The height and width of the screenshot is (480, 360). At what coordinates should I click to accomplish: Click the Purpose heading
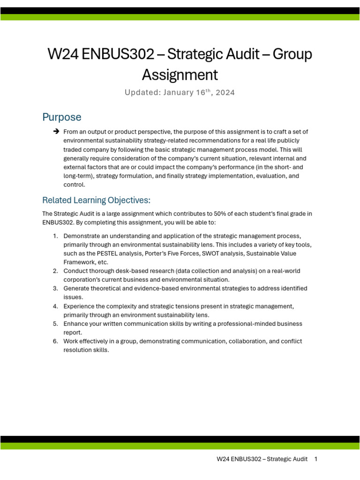coord(61,117)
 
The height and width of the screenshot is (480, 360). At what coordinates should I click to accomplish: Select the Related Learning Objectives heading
coord(96,201)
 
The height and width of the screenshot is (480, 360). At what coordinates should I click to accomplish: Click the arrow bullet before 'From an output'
coord(56,132)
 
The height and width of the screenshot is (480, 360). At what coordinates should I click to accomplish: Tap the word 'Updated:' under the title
coord(142,93)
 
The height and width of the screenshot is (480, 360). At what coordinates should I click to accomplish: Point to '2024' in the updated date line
coord(225,93)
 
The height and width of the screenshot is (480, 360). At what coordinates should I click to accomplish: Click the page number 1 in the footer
coord(316,459)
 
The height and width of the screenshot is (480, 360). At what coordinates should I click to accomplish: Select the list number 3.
coord(55,289)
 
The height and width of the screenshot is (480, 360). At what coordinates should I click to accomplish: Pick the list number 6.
coord(55,342)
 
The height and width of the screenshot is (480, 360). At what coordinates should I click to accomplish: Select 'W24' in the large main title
coord(63,55)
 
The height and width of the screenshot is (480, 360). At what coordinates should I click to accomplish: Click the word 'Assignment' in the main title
coord(180,75)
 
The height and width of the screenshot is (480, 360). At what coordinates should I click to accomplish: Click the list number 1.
coord(55,236)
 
